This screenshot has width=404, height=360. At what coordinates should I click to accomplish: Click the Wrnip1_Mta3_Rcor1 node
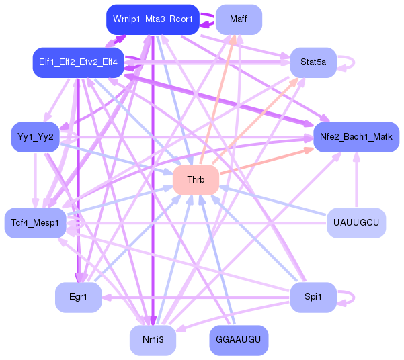(153, 19)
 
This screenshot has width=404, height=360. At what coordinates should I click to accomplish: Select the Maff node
(238, 19)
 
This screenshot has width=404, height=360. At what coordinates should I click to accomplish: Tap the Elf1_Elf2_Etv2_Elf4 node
(79, 62)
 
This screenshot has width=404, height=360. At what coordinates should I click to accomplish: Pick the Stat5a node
(313, 62)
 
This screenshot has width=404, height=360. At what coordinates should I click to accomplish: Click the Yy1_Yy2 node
(36, 137)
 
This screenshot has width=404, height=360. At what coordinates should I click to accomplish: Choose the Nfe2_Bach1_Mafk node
(356, 137)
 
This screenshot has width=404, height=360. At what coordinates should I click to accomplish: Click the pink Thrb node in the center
(196, 180)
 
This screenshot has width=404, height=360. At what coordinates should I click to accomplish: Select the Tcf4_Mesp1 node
(35, 222)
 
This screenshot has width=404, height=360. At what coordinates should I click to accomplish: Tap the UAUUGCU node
(356, 222)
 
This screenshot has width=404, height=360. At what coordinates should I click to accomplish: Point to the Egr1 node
(78, 296)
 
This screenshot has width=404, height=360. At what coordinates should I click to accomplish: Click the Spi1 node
(313, 296)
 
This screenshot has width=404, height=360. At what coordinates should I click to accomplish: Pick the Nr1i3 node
(153, 340)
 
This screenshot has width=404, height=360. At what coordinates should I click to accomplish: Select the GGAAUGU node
(239, 340)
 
